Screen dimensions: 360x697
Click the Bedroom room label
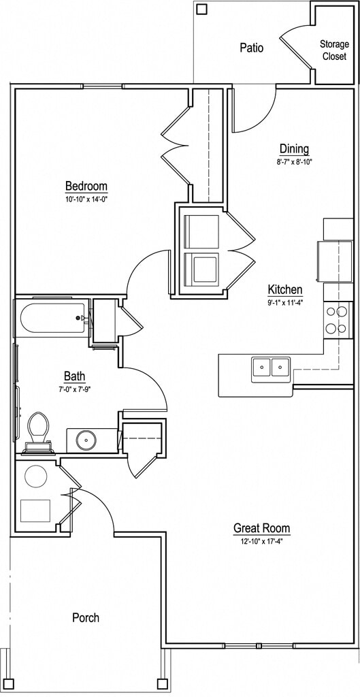pos(86,185)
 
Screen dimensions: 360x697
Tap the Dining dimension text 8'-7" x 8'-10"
pos(294,162)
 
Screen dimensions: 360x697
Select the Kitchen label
pos(285,290)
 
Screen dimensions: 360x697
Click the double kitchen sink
pos(271,369)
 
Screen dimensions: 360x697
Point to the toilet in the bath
pos(39,432)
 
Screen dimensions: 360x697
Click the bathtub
pos(52,318)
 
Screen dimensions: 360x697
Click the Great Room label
pos(262,528)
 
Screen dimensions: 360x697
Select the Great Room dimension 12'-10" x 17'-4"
pos(262,542)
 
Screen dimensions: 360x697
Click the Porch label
pos(86,617)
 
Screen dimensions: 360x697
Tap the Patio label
pos(251,48)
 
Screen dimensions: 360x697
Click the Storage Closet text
pos(334,50)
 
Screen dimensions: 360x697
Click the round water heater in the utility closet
pos(35,476)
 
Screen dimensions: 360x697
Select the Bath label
pos(74,377)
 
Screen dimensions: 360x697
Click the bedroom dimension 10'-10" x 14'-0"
pos(86,199)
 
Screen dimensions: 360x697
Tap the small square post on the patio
pos(202,9)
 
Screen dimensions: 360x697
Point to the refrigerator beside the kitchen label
pos(334,260)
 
